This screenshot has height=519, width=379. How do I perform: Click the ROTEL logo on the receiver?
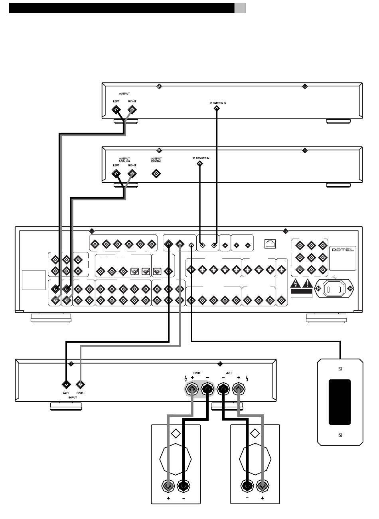[343, 250]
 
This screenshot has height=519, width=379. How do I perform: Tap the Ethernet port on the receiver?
[270, 244]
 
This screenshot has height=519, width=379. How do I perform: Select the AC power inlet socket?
[334, 289]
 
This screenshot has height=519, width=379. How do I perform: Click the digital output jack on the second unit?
[156, 174]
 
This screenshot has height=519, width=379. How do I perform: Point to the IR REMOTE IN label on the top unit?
[218, 103]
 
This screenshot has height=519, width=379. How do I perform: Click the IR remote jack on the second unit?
[200, 164]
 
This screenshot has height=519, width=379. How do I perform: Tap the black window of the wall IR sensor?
[340, 402]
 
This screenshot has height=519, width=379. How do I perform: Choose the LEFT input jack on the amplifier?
[66, 385]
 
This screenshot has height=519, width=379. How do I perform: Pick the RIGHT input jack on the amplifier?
[80, 385]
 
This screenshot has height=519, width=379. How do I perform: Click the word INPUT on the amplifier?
[73, 397]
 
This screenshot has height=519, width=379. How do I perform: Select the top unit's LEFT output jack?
[116, 110]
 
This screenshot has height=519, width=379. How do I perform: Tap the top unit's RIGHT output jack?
[132, 110]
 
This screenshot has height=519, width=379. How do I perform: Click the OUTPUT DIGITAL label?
[156, 160]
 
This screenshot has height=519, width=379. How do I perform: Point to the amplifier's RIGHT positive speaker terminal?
[192, 389]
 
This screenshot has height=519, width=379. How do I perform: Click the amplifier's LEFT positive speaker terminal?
[239, 389]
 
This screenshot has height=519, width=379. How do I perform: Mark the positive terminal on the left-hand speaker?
[168, 485]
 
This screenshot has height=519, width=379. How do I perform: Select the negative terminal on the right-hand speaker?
[247, 485]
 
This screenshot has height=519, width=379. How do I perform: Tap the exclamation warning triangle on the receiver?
[308, 284]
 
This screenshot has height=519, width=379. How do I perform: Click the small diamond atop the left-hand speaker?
[176, 433]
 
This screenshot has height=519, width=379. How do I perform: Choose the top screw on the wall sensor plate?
[340, 369]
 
